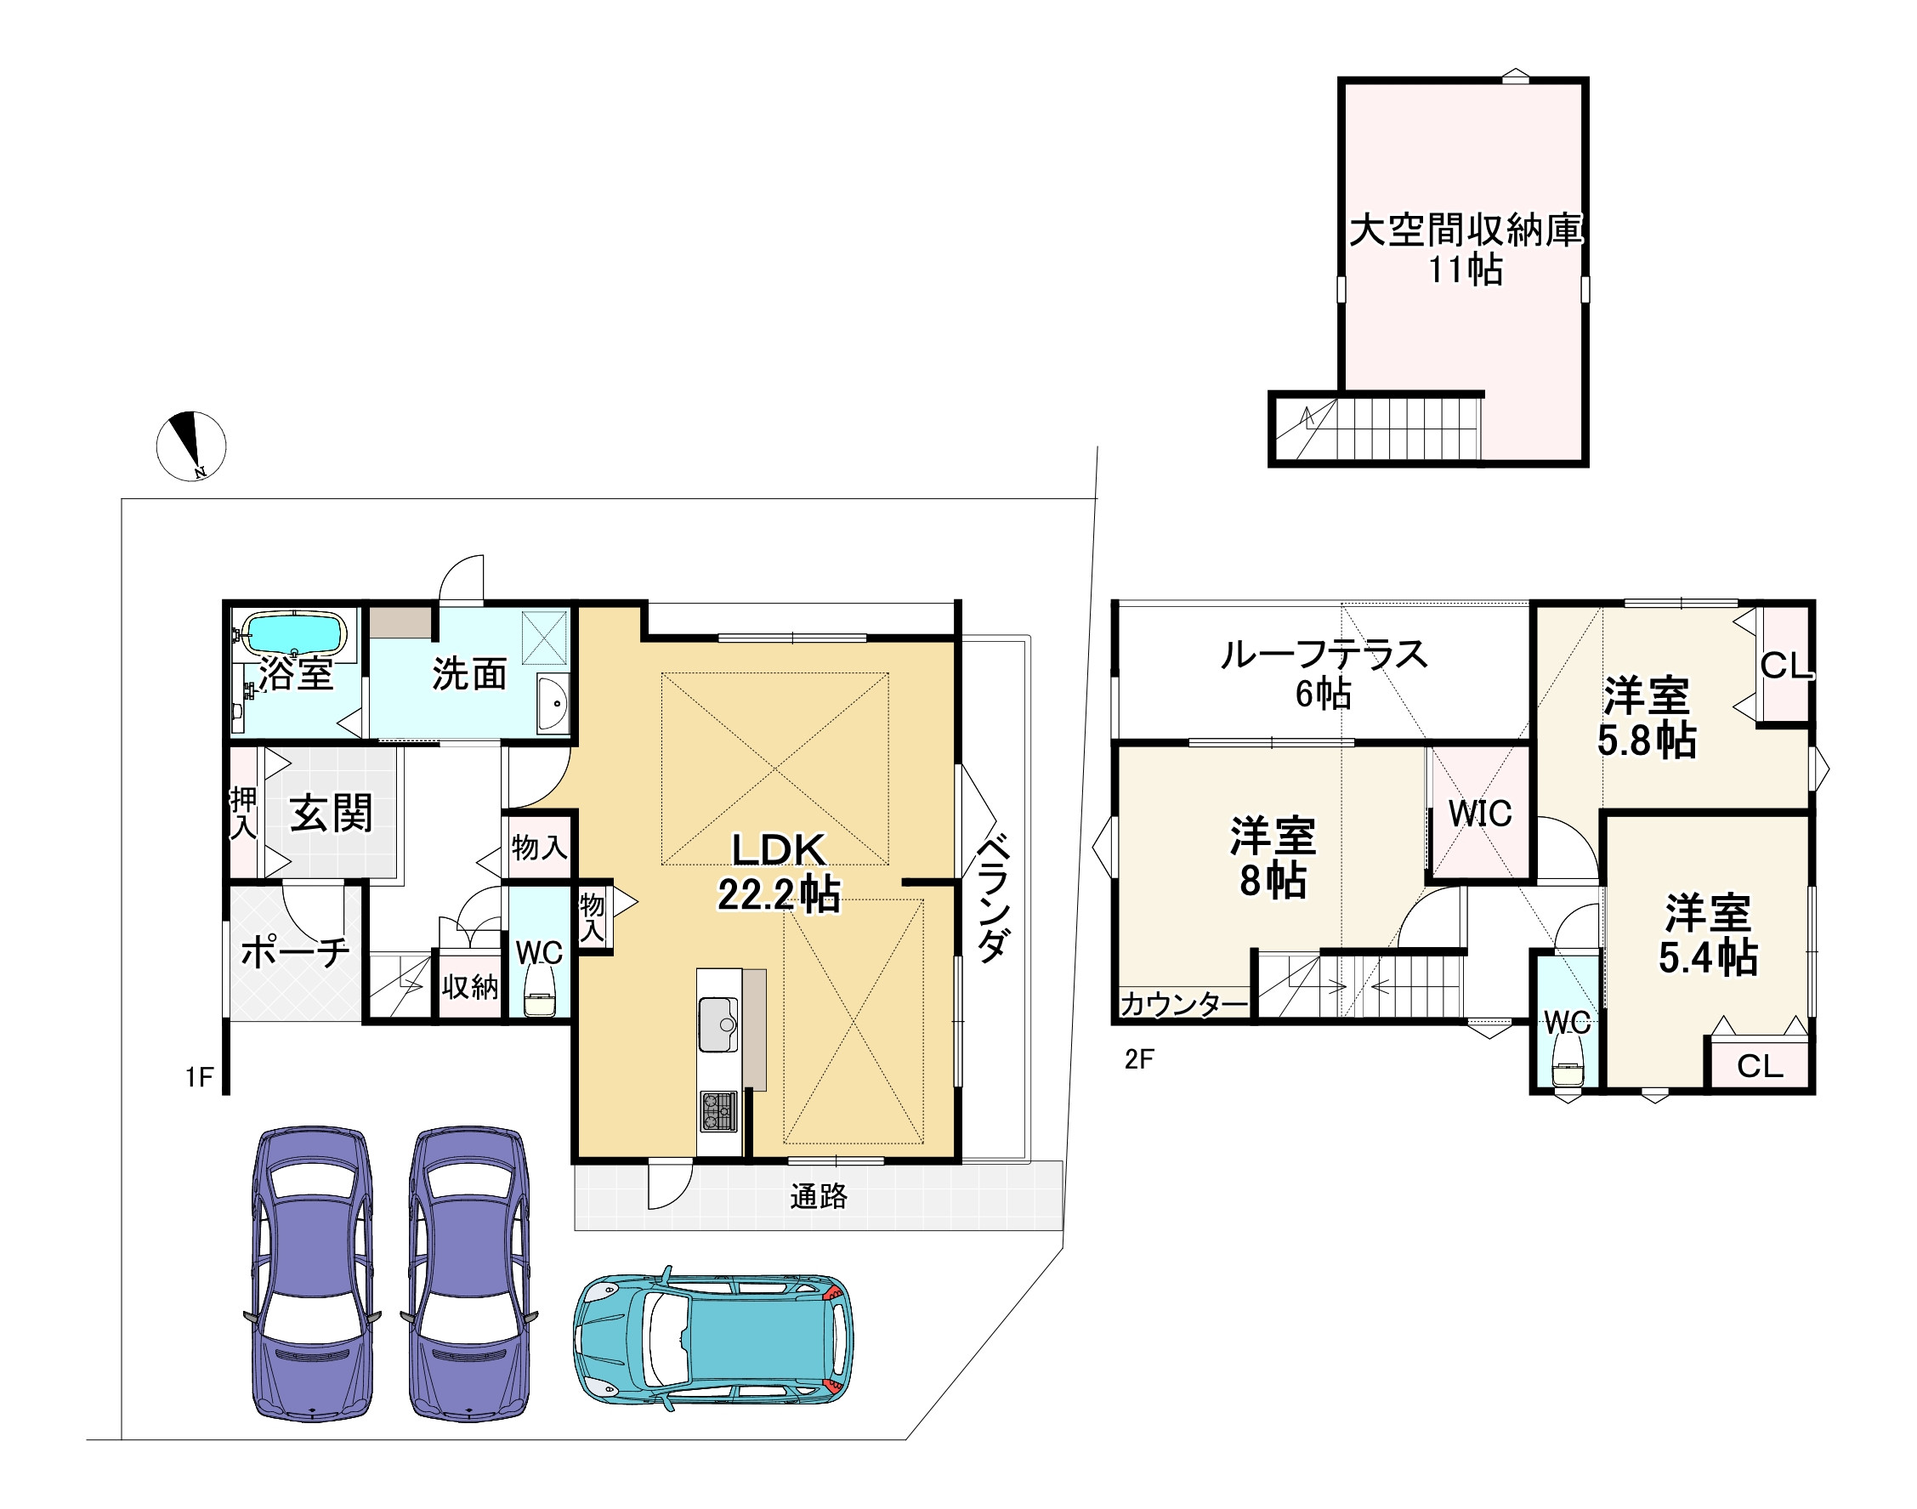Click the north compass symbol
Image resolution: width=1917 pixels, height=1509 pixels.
click(x=190, y=446)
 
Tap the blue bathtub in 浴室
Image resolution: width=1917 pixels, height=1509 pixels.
click(x=293, y=633)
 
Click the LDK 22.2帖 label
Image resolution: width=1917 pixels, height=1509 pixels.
click(x=779, y=872)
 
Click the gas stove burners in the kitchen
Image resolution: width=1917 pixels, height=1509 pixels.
click(x=719, y=1111)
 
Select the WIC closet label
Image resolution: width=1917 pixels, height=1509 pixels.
click(x=1480, y=814)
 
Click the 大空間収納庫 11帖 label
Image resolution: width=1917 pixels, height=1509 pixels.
click(x=1466, y=249)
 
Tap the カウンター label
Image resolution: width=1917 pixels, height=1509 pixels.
click(x=1183, y=1005)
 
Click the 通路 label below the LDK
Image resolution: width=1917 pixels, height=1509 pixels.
click(x=819, y=1196)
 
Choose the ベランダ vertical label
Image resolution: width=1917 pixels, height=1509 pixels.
click(x=992, y=897)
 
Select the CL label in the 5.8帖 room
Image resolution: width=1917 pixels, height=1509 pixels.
click(x=1785, y=667)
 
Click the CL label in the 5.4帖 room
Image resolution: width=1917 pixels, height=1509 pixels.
click(x=1760, y=1066)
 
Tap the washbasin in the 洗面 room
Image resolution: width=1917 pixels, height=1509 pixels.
click(x=554, y=703)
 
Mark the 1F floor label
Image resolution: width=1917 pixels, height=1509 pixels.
click(x=200, y=1077)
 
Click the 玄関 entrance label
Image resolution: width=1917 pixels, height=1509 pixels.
click(x=332, y=813)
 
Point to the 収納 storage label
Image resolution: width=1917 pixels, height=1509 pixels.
click(x=470, y=987)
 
